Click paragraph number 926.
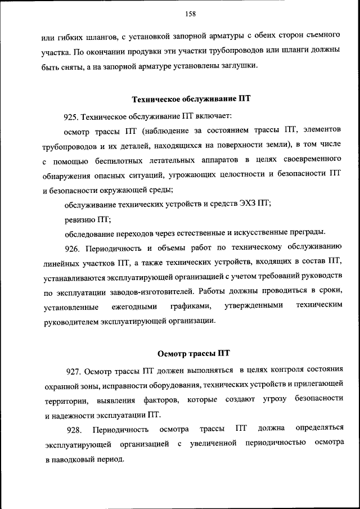(x=74, y=247)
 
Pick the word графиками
(x=191, y=307)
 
